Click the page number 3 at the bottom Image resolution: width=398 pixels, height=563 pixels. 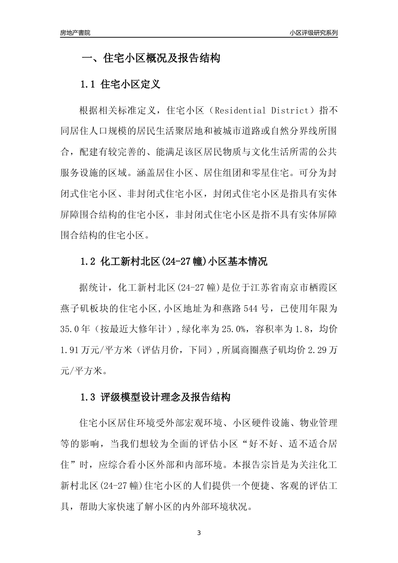pyautogui.click(x=199, y=533)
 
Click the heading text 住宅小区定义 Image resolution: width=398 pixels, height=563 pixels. pyautogui.click(x=131, y=84)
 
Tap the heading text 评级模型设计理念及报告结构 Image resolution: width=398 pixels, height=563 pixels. pyautogui.click(x=165, y=397)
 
